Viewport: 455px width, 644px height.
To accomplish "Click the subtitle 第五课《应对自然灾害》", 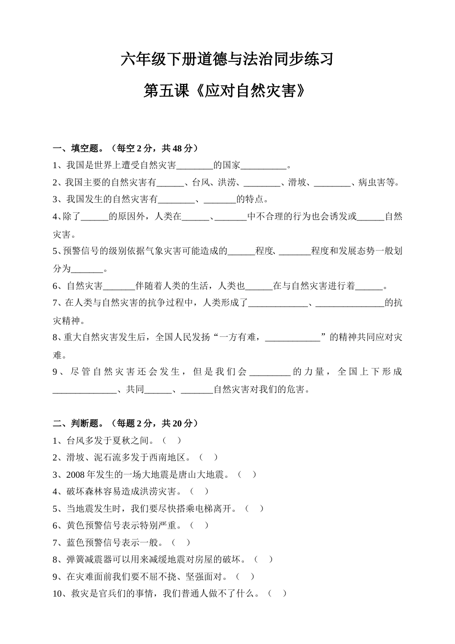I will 225,91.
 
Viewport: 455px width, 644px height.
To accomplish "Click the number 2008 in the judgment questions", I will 76,474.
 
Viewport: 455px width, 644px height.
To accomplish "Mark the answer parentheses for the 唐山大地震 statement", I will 247,474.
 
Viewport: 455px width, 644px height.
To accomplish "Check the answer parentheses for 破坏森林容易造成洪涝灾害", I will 199,491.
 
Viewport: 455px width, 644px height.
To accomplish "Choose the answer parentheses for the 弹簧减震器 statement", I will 264,559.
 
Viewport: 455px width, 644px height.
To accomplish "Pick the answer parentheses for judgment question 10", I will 277,593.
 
